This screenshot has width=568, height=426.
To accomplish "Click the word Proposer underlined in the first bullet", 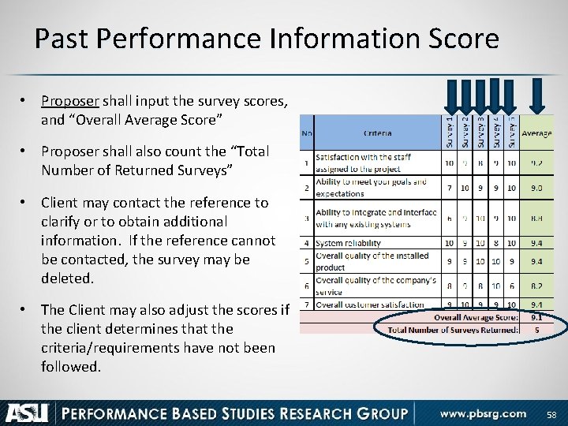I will coord(67,102).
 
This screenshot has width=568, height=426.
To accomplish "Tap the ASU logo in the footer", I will coord(28,413).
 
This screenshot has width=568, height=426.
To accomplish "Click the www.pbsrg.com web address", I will coord(483,413).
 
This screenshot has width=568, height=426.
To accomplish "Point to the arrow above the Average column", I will coord(538,96).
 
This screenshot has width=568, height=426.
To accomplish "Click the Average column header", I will coord(536,133).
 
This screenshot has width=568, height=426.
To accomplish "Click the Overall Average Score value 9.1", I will coord(536,317).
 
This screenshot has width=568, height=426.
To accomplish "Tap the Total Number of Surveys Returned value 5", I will coord(536,330).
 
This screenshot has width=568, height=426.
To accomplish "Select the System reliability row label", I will coord(348,244).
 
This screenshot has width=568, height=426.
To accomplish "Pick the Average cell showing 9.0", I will coord(536,189).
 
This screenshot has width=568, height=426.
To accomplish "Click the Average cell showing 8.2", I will coord(536,287).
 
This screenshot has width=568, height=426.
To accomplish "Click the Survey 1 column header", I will coord(450,131).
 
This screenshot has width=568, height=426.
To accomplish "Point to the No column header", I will coord(306,133).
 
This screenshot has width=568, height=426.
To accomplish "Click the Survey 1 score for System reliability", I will coord(449,244).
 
